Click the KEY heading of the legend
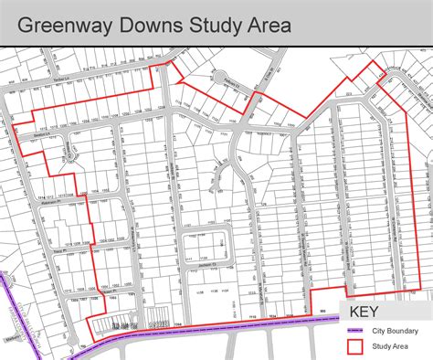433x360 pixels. point(370,311)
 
